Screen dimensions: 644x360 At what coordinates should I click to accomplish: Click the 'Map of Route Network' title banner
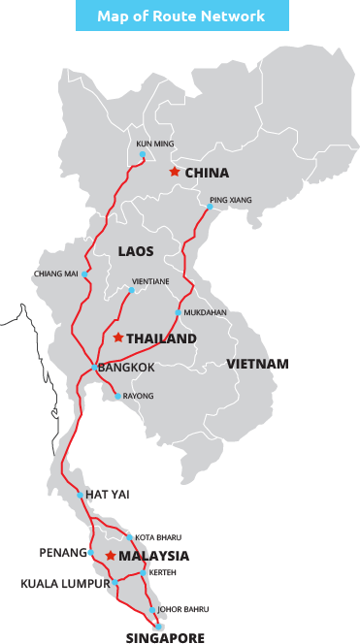pyautogui.click(x=181, y=16)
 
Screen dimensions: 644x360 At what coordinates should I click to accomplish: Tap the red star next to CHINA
pyautogui.click(x=174, y=172)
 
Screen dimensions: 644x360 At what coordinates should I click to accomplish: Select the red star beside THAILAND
pyautogui.click(x=117, y=338)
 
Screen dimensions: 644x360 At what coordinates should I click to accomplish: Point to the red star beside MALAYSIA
pyautogui.click(x=111, y=556)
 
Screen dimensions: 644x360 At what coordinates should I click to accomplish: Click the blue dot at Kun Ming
pyautogui.click(x=143, y=154)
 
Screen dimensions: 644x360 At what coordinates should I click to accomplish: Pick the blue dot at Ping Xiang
pyautogui.click(x=210, y=207)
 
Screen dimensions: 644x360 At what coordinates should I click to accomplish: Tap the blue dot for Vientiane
pyautogui.click(x=132, y=290)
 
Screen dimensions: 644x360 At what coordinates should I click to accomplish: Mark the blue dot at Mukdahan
pyautogui.click(x=178, y=313)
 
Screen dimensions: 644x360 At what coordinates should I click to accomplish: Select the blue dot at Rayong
pyautogui.click(x=117, y=396)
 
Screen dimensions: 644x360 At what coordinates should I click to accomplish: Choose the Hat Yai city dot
pyautogui.click(x=81, y=495)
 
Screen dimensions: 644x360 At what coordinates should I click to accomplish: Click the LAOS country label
pyautogui.click(x=136, y=251)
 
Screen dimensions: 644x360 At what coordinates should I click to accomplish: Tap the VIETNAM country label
pyautogui.click(x=257, y=364)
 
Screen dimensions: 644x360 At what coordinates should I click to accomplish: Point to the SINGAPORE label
pyautogui.click(x=166, y=638)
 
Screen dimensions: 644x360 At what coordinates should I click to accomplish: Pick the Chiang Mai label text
pyautogui.click(x=56, y=274)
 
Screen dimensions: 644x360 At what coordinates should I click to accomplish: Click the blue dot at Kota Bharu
pyautogui.click(x=129, y=537)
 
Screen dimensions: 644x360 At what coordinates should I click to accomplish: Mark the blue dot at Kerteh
pyautogui.click(x=144, y=572)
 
